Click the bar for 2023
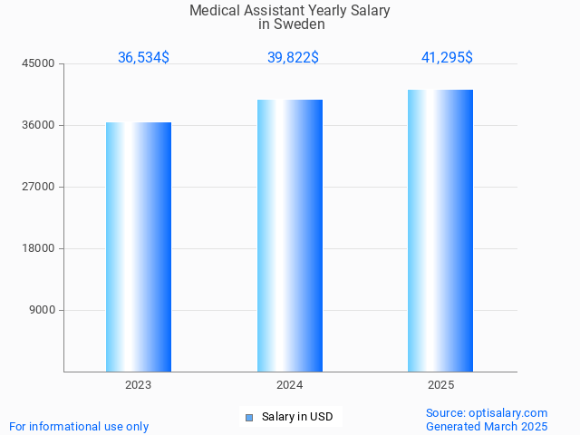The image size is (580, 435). (x=139, y=246)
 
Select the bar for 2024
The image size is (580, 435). (x=290, y=236)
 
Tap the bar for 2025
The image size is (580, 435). (x=440, y=230)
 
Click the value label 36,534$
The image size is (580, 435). (x=143, y=57)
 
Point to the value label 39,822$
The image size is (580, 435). (x=293, y=57)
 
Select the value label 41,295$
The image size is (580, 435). (x=447, y=57)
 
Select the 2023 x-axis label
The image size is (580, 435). (x=139, y=385)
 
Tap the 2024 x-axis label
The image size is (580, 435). (x=290, y=385)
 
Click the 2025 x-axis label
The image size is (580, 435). (x=440, y=385)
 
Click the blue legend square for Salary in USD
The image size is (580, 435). (x=248, y=418)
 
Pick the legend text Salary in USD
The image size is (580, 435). (x=297, y=417)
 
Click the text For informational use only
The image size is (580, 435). (x=79, y=426)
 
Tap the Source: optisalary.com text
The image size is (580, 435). (x=487, y=412)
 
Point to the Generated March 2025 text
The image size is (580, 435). (x=487, y=426)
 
